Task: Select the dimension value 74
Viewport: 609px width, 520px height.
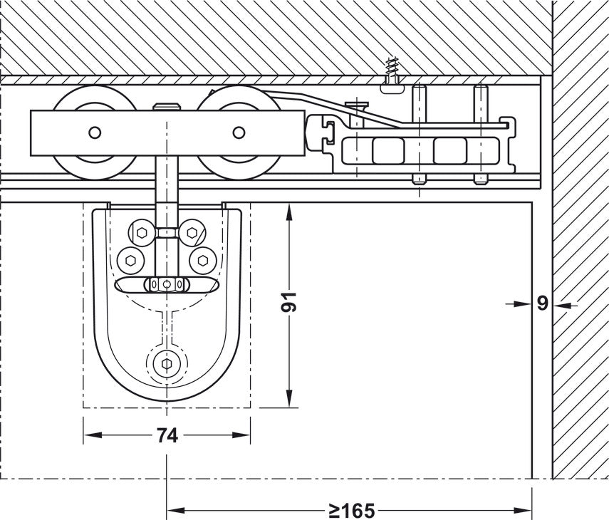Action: (167, 436)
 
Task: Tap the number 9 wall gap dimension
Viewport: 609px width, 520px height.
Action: (542, 303)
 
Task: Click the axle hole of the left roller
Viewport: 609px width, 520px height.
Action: (94, 132)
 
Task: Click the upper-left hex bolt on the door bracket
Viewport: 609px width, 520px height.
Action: (141, 232)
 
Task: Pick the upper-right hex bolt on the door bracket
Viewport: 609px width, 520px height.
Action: (190, 232)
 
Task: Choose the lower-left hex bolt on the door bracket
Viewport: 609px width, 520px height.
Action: (130, 259)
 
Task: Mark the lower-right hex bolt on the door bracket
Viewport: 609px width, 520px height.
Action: (202, 259)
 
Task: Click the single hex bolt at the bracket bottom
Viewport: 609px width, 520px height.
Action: (166, 364)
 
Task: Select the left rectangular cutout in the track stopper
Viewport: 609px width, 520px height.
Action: (387, 150)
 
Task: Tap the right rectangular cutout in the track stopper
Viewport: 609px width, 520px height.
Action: (449, 150)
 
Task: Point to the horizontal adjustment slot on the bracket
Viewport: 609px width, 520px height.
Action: (165, 285)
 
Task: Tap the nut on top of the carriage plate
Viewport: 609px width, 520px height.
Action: (165, 108)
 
